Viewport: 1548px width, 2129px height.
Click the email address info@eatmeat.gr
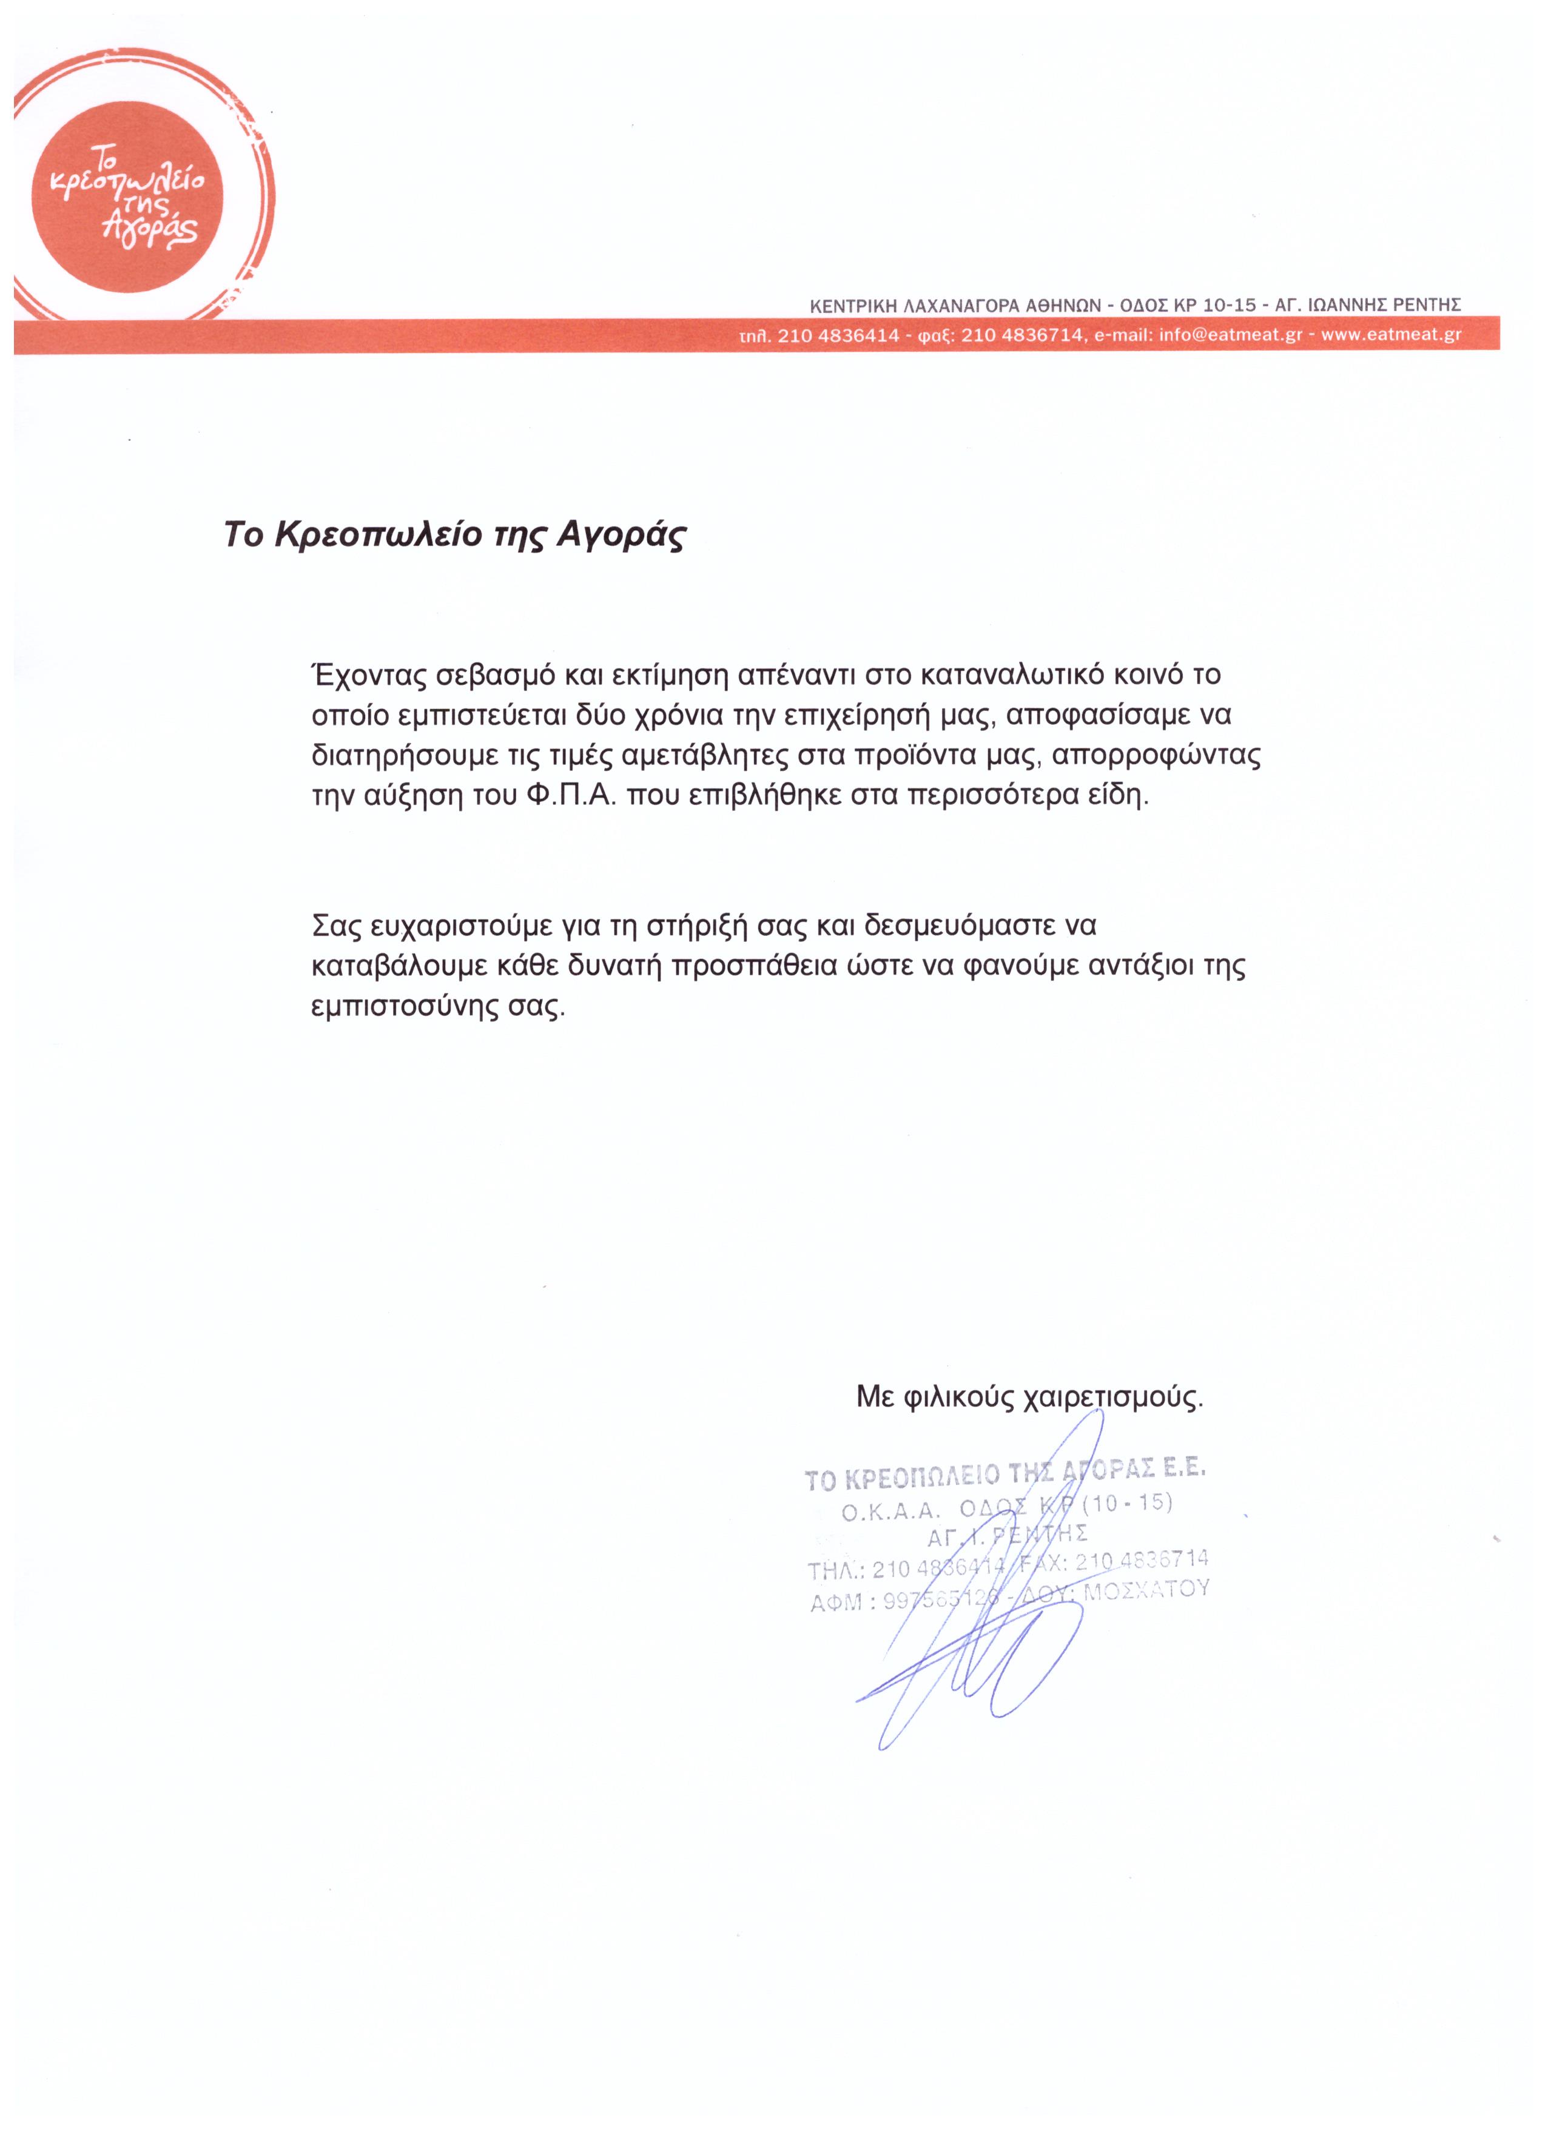click(x=1230, y=335)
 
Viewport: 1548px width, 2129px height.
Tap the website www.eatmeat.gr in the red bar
click(x=1392, y=335)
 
